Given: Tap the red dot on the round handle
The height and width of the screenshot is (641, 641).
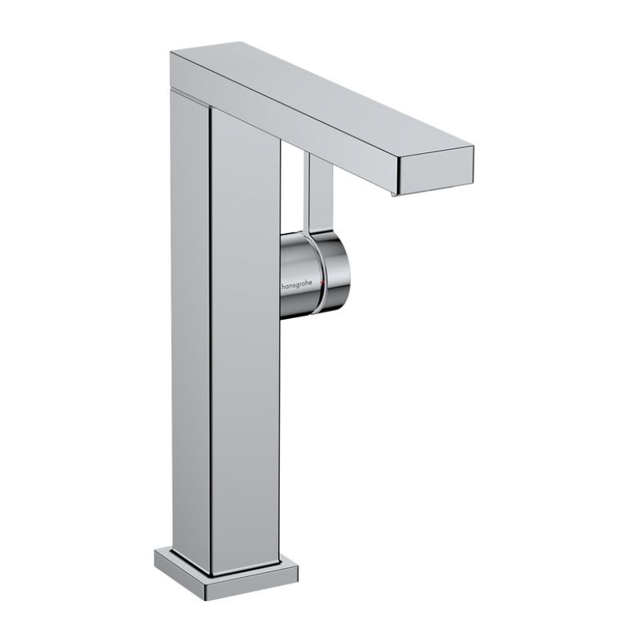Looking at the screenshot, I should [322, 285].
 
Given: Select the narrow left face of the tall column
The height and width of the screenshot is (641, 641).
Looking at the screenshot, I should [190, 320].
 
